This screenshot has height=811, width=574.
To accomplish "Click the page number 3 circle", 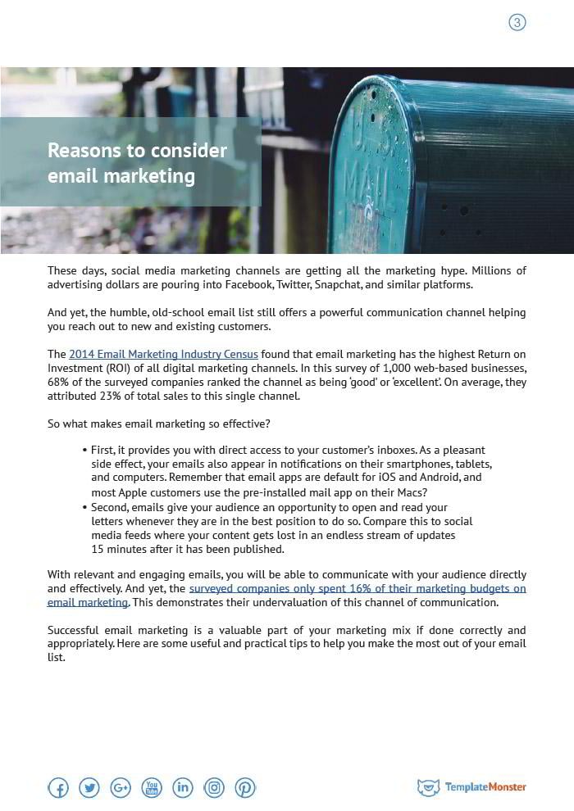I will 517,23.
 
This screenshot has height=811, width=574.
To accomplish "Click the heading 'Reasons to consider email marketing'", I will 137,163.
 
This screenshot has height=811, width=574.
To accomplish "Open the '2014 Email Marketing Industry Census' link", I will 163,355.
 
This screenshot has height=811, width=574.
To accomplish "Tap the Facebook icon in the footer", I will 58,788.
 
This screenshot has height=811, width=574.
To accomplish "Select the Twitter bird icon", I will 89,788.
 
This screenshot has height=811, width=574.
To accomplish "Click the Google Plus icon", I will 121,788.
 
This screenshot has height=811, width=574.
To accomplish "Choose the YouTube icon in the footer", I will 152,788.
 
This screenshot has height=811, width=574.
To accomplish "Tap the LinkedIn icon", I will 183,788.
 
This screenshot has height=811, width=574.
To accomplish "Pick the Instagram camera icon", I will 214,788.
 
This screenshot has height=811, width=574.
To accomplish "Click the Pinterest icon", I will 245,788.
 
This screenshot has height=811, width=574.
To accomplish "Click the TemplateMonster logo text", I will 485,787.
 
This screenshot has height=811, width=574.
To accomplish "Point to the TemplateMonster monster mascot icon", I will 428,787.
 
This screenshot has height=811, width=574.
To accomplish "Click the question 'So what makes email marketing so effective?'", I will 159,424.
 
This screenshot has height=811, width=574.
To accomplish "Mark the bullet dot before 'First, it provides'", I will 84,451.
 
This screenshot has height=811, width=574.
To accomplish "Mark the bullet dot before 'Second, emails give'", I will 84,507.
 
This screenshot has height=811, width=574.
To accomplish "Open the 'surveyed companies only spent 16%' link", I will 357,588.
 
